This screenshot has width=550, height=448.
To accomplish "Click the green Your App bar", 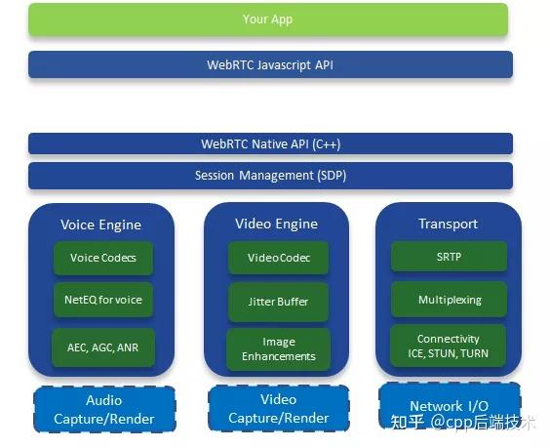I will tap(268, 20).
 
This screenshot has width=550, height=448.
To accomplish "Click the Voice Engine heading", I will tap(100, 224).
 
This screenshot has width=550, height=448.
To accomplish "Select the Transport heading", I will tap(449, 224).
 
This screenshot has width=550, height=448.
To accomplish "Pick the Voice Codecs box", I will tap(103, 259).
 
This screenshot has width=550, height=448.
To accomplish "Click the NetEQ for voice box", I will tap(103, 300).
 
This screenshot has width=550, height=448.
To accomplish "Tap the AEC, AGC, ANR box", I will tap(103, 346).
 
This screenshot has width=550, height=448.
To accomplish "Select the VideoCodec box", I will tap(278, 259).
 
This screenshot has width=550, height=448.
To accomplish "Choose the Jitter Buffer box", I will tap(278, 303).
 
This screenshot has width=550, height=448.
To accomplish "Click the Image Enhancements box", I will tap(278, 349).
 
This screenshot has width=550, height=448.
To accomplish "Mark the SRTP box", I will tap(449, 258).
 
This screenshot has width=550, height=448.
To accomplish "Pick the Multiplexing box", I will tap(449, 300).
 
